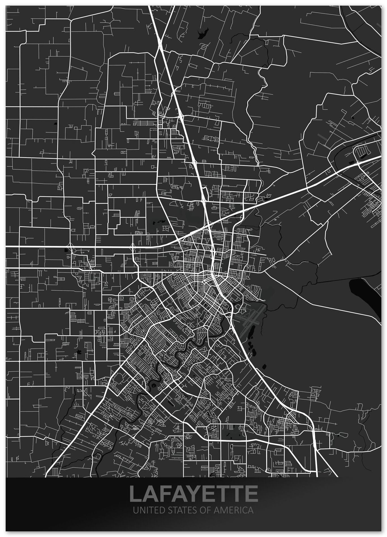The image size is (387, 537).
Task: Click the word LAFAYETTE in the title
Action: click(x=193, y=493)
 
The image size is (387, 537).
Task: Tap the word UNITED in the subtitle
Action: click(x=145, y=510)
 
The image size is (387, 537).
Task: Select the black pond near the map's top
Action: click(x=202, y=34)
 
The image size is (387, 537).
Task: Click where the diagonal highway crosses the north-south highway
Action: click(x=209, y=226)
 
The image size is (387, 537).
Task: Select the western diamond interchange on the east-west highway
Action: click(x=72, y=247)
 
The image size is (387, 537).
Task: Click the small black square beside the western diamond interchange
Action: click(x=66, y=250)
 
